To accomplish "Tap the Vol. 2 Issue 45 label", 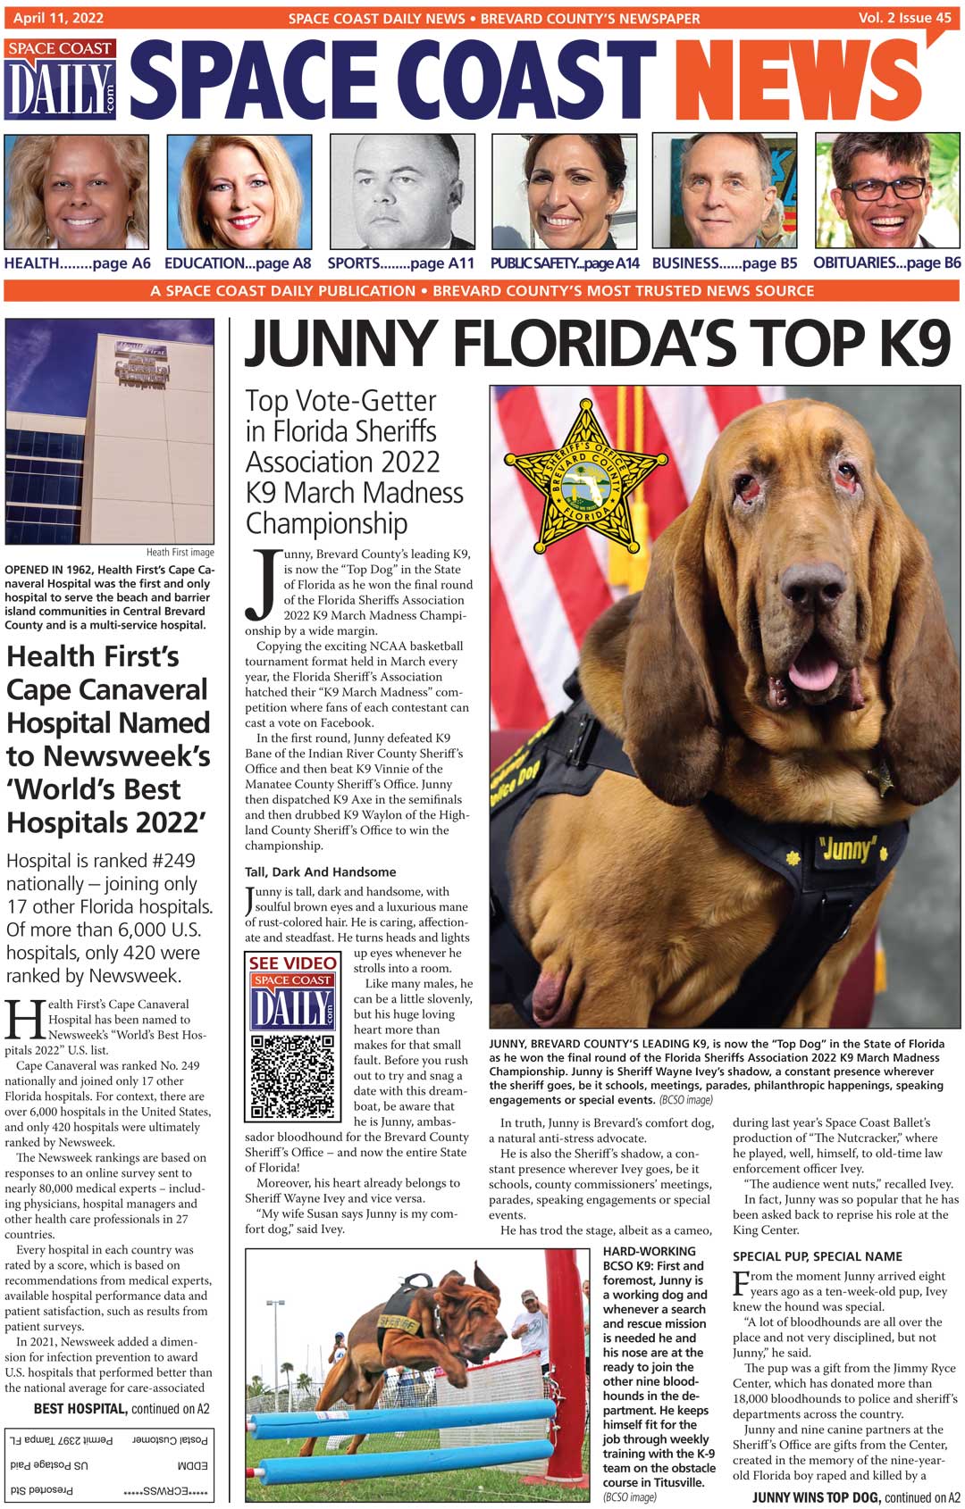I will tap(904, 17).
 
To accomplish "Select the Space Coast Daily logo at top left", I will tap(61, 79).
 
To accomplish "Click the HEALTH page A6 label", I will tap(77, 263).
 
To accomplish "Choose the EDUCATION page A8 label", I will tap(238, 263).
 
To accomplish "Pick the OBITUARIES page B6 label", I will tap(886, 263).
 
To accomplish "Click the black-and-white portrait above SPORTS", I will tap(402, 191).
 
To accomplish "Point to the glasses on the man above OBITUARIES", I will tap(884, 188).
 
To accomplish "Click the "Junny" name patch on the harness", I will tap(847, 848).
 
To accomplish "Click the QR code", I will tap(292, 1077).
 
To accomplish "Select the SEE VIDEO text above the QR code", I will tap(292, 963).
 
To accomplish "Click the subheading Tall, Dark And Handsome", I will tap(320, 872).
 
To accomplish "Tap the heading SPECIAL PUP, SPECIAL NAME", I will tap(817, 1256).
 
